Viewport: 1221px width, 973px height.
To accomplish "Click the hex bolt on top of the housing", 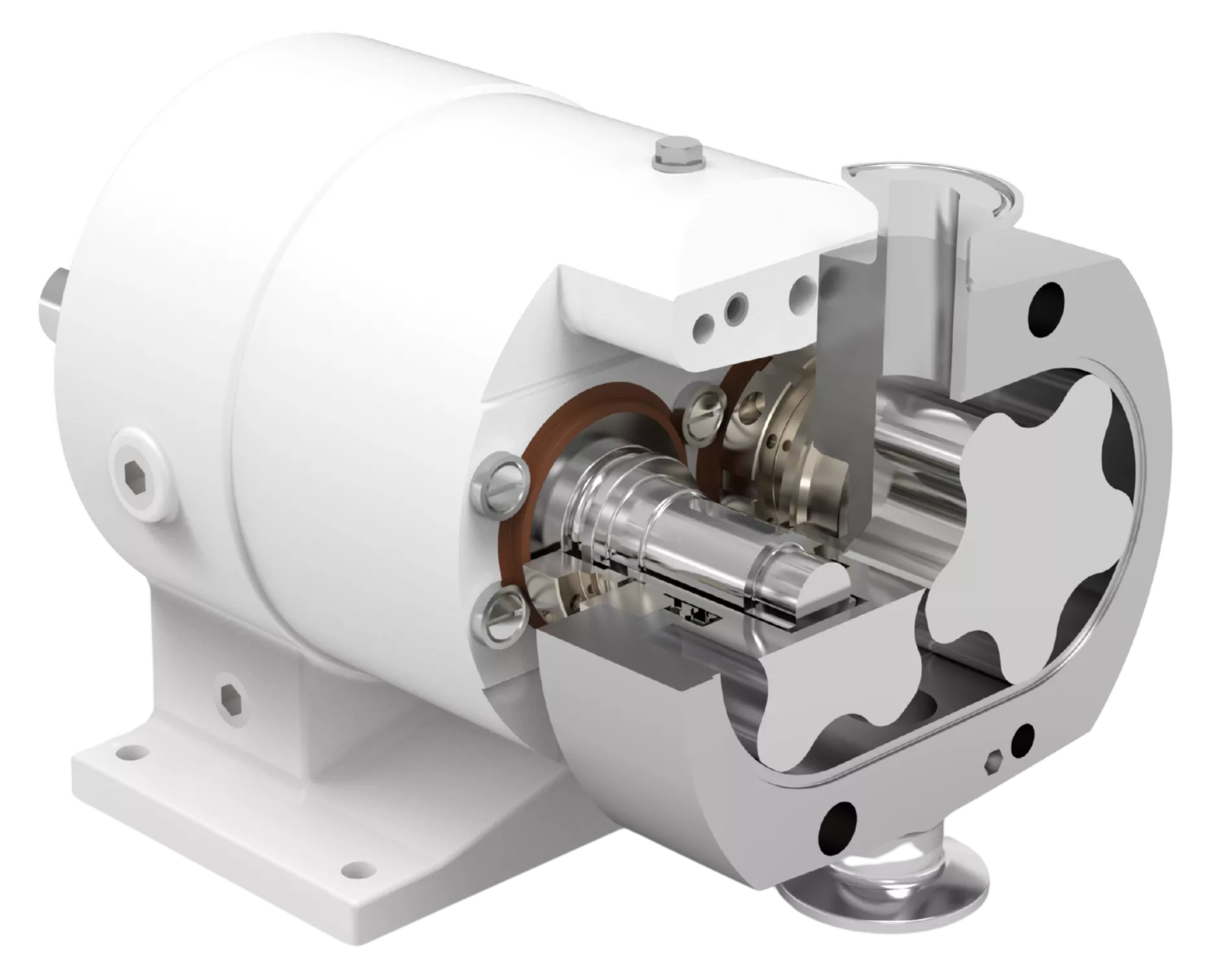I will pos(675,155).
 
